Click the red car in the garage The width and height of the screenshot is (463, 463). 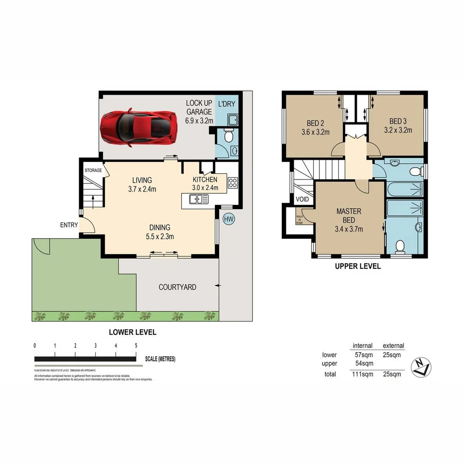(138, 126)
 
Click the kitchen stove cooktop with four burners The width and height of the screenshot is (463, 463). (232, 183)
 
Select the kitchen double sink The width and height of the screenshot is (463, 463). (199, 199)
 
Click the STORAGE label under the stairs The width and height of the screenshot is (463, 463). (93, 170)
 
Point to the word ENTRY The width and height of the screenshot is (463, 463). (69, 225)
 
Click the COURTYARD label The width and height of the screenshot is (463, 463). (177, 287)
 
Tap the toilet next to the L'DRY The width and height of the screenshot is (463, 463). (229, 136)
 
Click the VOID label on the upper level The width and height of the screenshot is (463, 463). (302, 199)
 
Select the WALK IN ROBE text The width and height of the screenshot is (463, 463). (299, 219)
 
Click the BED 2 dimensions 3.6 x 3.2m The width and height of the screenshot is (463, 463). (315, 132)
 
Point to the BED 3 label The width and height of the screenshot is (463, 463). (398, 121)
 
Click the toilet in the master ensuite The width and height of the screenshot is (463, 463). (400, 246)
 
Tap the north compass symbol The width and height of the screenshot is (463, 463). (421, 367)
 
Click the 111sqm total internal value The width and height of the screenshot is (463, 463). (362, 374)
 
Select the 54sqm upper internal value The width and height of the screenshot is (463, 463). (364, 364)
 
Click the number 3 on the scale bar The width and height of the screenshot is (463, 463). (96, 346)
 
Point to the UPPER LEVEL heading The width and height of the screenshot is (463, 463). (358, 266)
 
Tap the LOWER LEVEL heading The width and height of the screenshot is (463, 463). (132, 332)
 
